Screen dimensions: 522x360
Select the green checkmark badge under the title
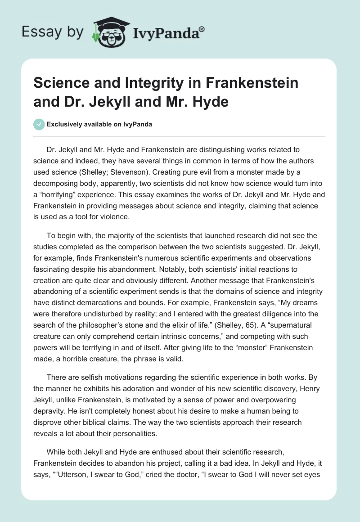point(39,124)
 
